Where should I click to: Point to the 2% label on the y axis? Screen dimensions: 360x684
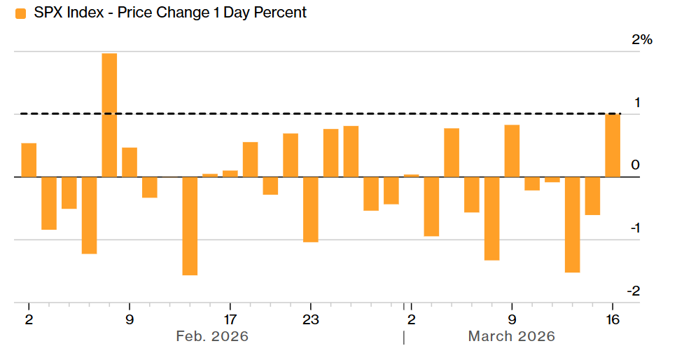(x=641, y=40)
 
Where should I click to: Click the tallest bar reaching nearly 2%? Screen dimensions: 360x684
(x=109, y=115)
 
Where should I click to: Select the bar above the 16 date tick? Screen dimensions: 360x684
(x=613, y=146)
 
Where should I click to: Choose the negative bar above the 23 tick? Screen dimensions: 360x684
(x=311, y=209)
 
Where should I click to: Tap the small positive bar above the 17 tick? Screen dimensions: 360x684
(x=230, y=174)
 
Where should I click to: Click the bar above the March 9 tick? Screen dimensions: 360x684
(x=512, y=151)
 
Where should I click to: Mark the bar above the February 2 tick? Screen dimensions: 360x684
(x=29, y=160)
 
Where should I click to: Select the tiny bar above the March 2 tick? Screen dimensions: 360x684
(x=412, y=176)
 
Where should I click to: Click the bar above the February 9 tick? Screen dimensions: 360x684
(x=130, y=162)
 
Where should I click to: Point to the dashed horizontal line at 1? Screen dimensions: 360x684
(x=350, y=113)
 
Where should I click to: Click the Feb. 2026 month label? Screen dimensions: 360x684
(x=212, y=337)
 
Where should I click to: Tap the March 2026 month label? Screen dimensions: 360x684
(x=511, y=337)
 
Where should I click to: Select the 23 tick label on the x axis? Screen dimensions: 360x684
(x=311, y=320)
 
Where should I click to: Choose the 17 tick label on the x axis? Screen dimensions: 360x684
(x=230, y=320)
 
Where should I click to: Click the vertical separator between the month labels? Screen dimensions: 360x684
(x=403, y=338)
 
